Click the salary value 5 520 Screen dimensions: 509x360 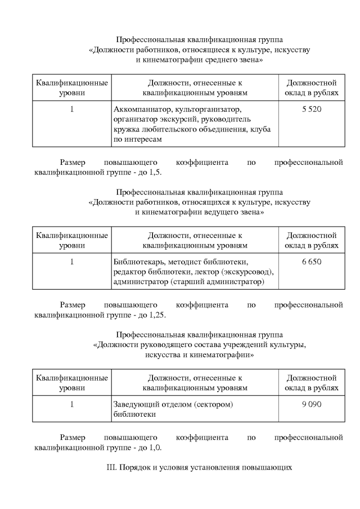point(312,109)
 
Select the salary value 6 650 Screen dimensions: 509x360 point(312,262)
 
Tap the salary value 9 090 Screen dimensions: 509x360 point(312,404)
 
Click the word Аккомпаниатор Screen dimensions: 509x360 point(134,109)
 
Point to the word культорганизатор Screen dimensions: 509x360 point(200,109)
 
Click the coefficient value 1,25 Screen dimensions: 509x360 point(157,315)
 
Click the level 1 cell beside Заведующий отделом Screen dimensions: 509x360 point(72,404)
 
